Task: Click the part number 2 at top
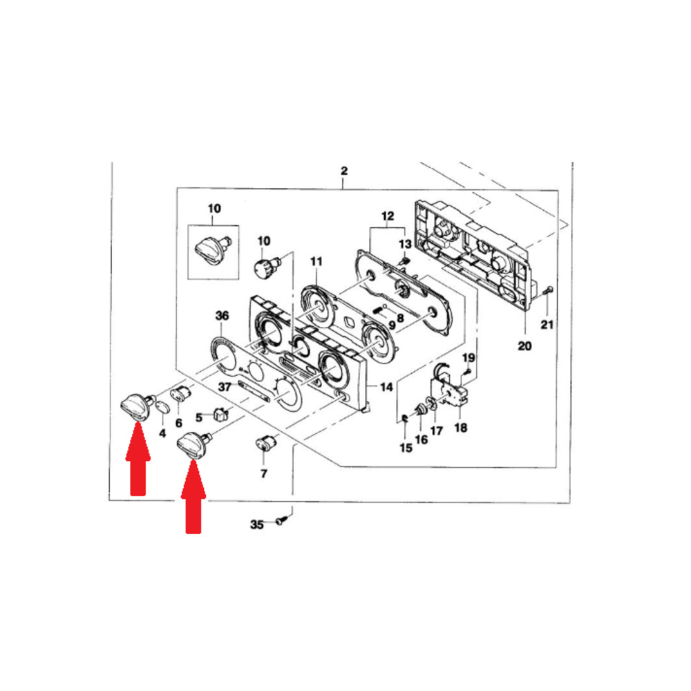(343, 171)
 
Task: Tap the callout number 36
(222, 316)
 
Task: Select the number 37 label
(225, 387)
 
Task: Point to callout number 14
(386, 387)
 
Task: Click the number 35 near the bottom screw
(257, 524)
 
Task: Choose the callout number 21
(547, 325)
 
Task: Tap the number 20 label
(524, 346)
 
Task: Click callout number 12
(388, 216)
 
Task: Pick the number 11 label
(316, 262)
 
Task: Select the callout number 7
(264, 474)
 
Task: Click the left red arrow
(138, 459)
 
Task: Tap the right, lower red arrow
(193, 496)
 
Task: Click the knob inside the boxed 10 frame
(213, 250)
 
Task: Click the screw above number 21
(549, 291)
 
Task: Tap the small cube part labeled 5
(221, 414)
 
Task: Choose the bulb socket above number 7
(266, 442)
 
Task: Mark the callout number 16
(422, 439)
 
